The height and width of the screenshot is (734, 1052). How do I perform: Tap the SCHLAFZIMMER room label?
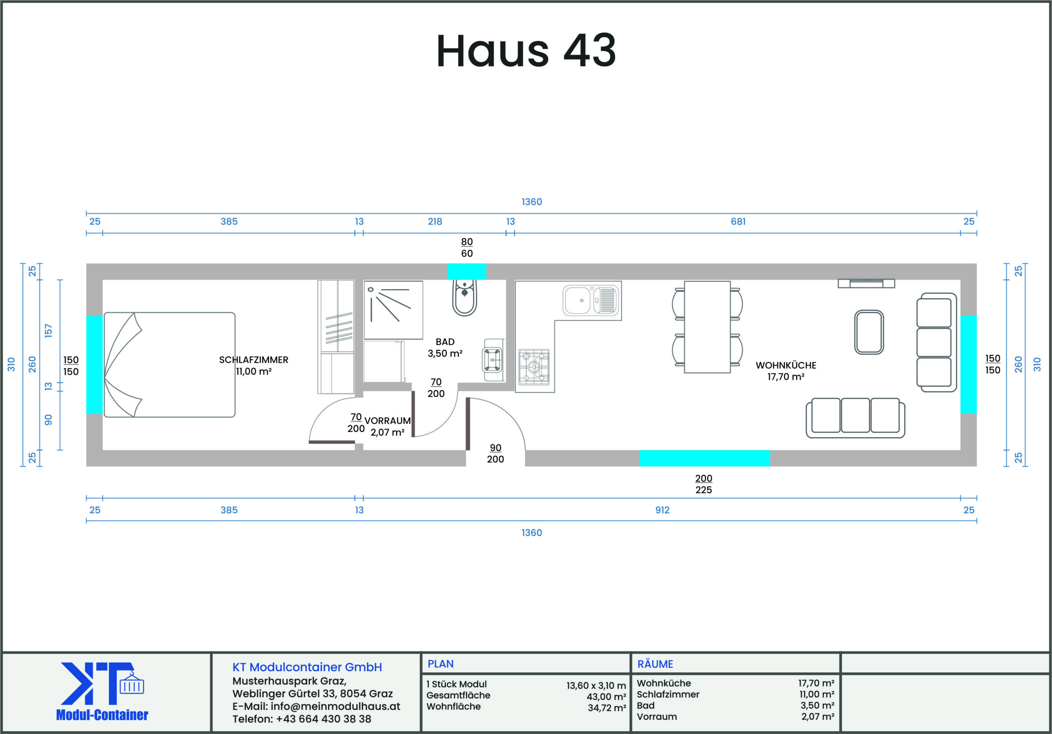click(254, 360)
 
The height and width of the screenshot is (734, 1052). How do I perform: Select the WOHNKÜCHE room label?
click(786, 365)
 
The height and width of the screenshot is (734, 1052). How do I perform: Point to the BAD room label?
click(445, 342)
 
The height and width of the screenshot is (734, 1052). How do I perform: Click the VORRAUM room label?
click(387, 420)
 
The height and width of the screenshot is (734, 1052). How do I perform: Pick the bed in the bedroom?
click(170, 365)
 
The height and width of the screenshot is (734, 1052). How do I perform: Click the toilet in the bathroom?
click(465, 298)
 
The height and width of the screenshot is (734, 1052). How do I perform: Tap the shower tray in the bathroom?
click(393, 310)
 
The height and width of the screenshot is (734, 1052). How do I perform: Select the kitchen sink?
click(591, 300)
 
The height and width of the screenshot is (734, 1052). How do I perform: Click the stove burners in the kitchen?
click(534, 367)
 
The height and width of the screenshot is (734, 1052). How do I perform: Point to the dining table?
click(707, 327)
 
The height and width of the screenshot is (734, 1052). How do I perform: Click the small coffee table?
click(869, 332)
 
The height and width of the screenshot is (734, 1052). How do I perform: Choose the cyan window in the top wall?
click(466, 272)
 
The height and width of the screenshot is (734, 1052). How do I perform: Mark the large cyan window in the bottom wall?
click(705, 458)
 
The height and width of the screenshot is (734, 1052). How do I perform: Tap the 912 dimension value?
click(662, 510)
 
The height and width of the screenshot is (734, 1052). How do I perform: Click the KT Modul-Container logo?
click(102, 691)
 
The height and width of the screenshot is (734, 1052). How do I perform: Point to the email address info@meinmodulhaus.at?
click(335, 706)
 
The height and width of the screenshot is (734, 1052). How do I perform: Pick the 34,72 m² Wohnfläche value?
click(607, 708)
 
